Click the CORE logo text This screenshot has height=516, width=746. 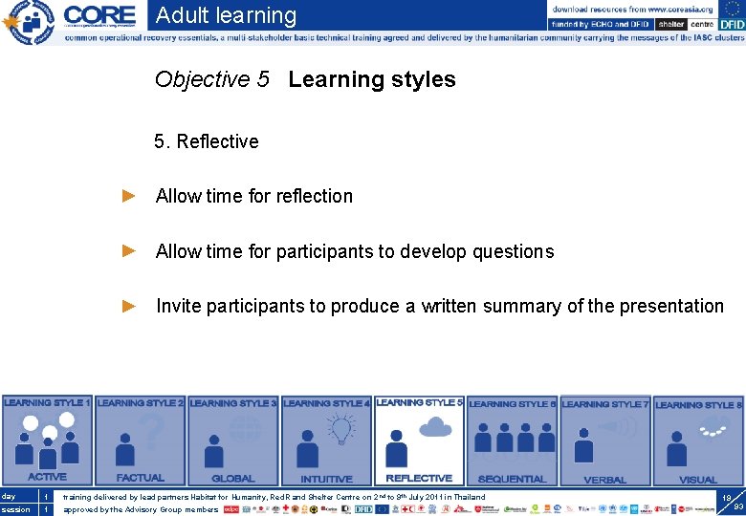point(99,15)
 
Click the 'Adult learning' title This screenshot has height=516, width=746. point(226,15)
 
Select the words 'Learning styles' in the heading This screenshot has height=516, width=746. point(371,79)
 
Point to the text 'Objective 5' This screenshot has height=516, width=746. point(211,79)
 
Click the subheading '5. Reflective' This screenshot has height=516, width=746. point(206,141)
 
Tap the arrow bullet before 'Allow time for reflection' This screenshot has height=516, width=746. point(130,196)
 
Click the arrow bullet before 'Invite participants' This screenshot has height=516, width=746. point(130,306)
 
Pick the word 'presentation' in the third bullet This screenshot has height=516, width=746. point(671,306)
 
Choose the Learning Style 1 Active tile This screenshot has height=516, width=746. point(47,441)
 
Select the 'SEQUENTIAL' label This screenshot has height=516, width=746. point(512,479)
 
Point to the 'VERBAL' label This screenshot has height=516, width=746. point(604,480)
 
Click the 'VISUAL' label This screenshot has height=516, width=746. point(697,480)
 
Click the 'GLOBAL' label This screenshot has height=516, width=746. point(232,479)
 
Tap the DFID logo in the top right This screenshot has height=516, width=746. point(730,24)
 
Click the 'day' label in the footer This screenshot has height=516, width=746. point(9,496)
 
